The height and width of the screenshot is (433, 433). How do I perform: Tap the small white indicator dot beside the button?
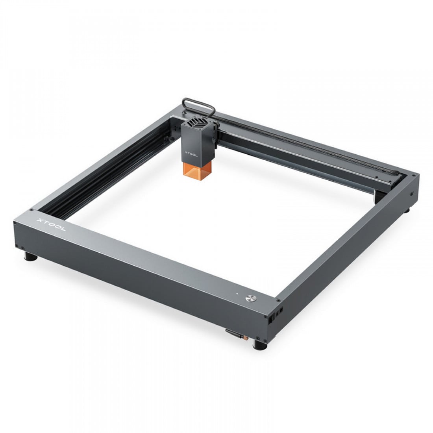237,294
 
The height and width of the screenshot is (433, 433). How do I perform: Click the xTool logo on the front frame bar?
51,224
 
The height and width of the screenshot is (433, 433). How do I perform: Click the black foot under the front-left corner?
31,257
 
